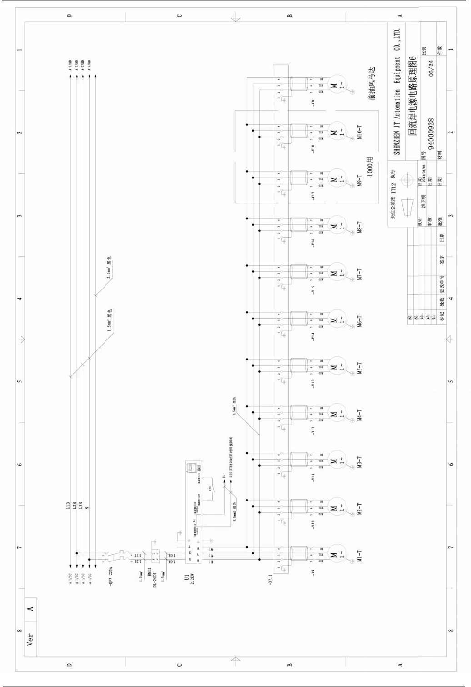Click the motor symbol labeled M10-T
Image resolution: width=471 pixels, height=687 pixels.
pyautogui.click(x=337, y=132)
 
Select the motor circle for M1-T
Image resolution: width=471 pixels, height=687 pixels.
pyautogui.click(x=337, y=555)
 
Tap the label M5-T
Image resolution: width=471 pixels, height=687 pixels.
pyautogui.click(x=359, y=368)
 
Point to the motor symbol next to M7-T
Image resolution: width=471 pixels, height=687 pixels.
pyautogui.click(x=337, y=273)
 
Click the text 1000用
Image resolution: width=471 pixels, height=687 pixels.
pyautogui.click(x=370, y=166)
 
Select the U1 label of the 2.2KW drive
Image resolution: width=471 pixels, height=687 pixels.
pyautogui.click(x=186, y=577)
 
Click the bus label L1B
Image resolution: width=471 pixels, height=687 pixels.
pyautogui.click(x=68, y=506)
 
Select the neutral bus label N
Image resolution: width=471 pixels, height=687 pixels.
pyautogui.click(x=87, y=507)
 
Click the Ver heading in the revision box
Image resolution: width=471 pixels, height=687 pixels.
pyautogui.click(x=30, y=639)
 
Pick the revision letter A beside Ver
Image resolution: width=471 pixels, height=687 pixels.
pyautogui.click(x=30, y=608)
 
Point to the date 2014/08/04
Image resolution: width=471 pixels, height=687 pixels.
pyautogui.click(x=424, y=173)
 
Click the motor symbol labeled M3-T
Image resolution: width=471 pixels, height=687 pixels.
pyautogui.click(x=337, y=461)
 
